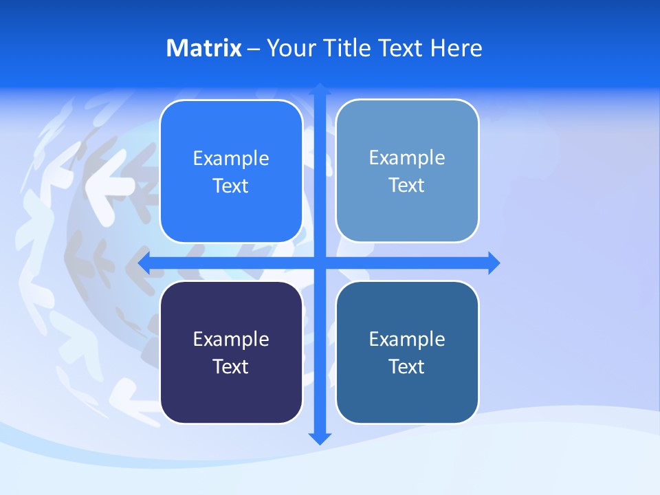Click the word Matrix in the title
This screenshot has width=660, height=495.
(x=203, y=48)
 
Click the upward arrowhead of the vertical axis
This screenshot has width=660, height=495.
(x=320, y=89)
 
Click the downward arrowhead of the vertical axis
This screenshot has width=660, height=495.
(x=320, y=438)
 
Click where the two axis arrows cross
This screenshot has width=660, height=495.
(x=320, y=263)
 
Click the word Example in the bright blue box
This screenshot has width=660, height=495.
(x=231, y=159)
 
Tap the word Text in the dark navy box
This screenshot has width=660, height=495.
(x=231, y=367)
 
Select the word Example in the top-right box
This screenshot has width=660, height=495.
(x=407, y=158)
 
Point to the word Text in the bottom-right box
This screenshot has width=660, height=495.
(x=407, y=367)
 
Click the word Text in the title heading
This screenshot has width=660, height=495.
(x=401, y=48)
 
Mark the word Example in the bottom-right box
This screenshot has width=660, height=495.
(x=407, y=340)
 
